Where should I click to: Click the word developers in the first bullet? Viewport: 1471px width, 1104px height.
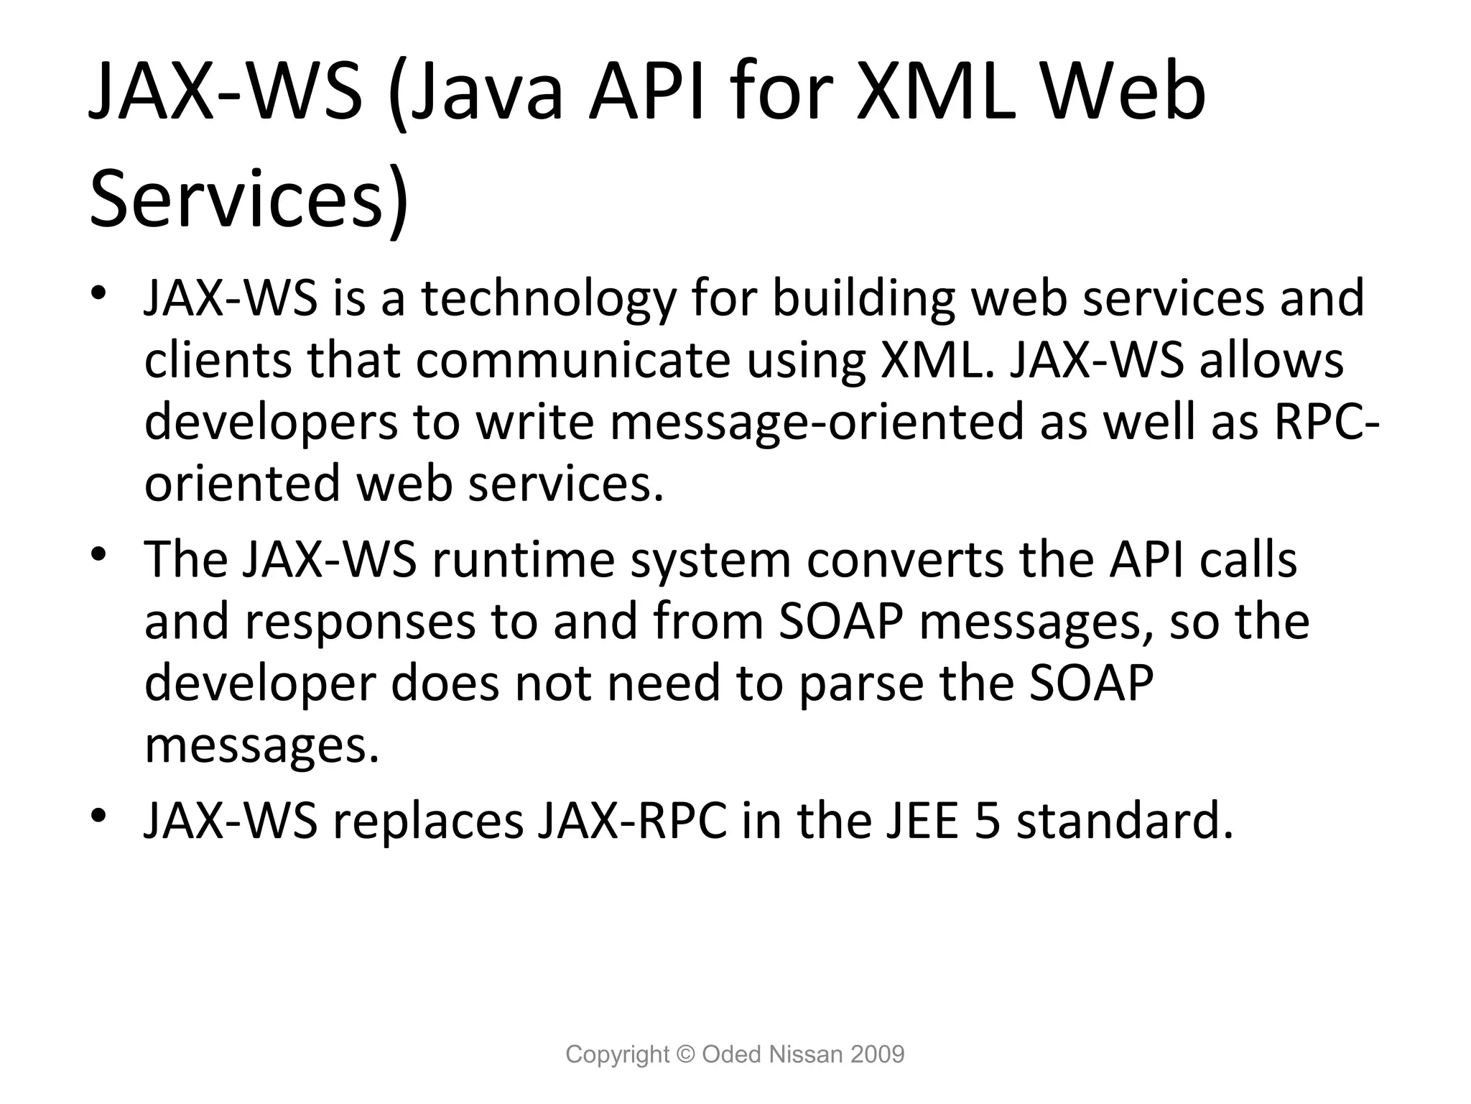coord(270,422)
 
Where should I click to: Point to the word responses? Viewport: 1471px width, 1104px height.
coord(360,621)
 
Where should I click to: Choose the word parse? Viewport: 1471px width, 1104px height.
coord(860,683)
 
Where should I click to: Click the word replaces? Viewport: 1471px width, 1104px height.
coord(428,822)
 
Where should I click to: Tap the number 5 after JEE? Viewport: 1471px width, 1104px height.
coord(988,822)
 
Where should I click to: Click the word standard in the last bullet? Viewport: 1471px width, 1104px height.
coord(1125,822)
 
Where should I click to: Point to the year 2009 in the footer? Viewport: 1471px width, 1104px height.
coord(877,1054)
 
